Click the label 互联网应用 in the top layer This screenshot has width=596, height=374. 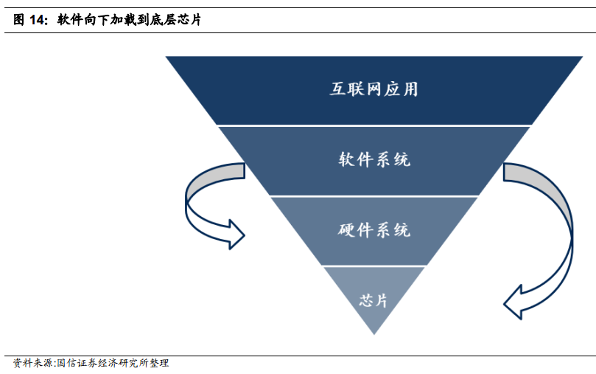374,89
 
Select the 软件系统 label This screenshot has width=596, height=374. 374,159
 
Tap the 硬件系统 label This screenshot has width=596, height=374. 374,230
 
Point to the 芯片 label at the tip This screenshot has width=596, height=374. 374,300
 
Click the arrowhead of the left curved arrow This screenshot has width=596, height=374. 236,233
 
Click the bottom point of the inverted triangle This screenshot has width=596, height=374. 374,333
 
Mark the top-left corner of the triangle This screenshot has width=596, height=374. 166,57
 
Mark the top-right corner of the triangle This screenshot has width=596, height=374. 582,57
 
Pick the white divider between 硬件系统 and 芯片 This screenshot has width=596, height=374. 374,266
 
